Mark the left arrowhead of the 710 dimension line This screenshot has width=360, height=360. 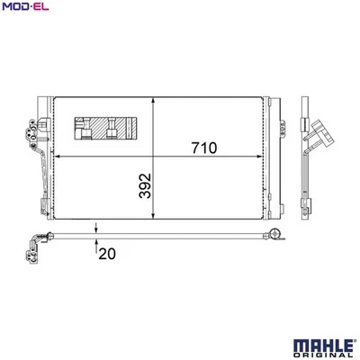(x=58, y=157)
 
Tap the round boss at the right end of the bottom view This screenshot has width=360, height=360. (x=274, y=237)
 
